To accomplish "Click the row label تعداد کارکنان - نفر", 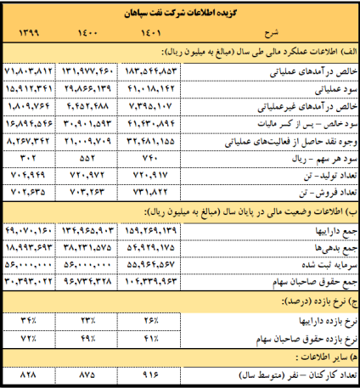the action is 306,374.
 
